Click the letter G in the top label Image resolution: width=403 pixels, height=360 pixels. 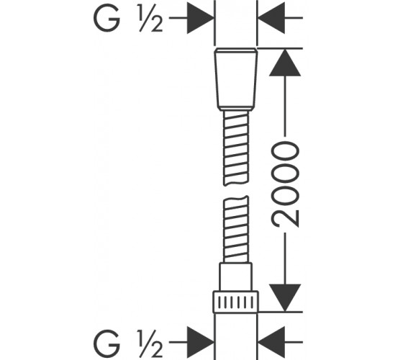click(107, 18)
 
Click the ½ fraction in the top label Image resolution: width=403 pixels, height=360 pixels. click(151, 18)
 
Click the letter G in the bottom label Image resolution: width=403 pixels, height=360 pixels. click(107, 342)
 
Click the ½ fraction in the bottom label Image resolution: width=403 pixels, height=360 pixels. click(151, 343)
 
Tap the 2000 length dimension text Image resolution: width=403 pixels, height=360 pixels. click(285, 184)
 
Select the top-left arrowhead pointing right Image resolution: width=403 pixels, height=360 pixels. click(200, 18)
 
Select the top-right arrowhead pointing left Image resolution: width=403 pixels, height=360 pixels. click(271, 18)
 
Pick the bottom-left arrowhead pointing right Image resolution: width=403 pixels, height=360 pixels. click(200, 342)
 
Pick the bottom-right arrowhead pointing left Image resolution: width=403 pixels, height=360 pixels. click(271, 342)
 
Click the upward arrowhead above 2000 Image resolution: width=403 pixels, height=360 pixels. click(285, 63)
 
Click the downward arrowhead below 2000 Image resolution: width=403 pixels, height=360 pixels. click(285, 298)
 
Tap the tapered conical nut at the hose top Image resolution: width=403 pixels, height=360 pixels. click(236, 79)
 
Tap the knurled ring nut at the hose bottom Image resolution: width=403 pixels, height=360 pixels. click(235, 302)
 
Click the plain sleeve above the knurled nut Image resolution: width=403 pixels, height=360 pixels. click(235, 277)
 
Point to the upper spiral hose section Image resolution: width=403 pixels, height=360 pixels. click(236, 148)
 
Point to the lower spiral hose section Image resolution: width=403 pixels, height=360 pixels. click(236, 230)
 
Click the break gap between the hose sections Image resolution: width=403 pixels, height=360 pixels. click(236, 191)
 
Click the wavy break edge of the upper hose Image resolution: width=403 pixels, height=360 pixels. click(236, 183)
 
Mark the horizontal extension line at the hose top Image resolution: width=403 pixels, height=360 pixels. click(280, 48)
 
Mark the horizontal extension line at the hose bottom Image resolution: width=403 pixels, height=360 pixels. click(281, 312)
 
